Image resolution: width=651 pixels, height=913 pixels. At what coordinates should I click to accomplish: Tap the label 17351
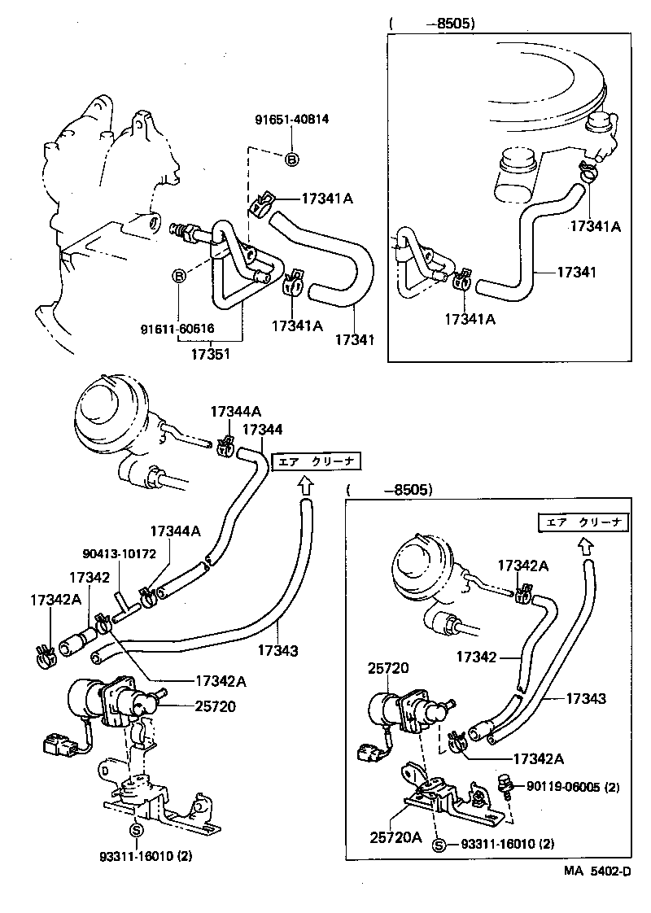(x=210, y=356)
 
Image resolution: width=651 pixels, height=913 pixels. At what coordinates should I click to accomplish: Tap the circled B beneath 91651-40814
(x=292, y=159)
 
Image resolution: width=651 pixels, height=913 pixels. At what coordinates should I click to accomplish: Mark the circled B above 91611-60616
(x=178, y=277)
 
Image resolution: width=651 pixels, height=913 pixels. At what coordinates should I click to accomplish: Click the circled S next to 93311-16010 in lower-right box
(x=439, y=845)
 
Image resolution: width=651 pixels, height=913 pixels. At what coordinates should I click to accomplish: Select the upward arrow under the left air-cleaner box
(x=304, y=486)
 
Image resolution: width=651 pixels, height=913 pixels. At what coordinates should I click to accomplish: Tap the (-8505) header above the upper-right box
(x=431, y=24)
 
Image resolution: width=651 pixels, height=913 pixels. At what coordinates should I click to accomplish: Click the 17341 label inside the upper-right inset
(x=576, y=272)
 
